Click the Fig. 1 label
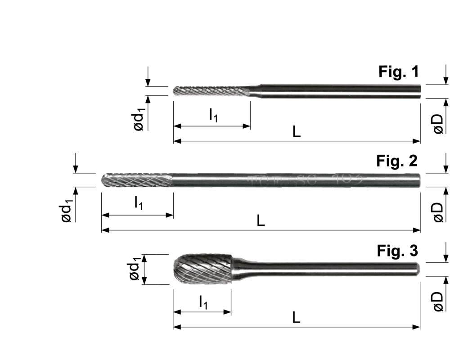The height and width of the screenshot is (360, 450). tap(399, 72)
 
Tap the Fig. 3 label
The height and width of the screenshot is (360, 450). tap(397, 251)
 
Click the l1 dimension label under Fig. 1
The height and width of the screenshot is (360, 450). tap(213, 116)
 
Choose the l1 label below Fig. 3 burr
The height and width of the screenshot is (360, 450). tap(203, 302)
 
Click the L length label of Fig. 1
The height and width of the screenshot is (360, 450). tap(297, 132)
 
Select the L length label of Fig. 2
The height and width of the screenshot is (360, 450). tap(261, 221)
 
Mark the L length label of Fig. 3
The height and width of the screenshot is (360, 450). tap(297, 318)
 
